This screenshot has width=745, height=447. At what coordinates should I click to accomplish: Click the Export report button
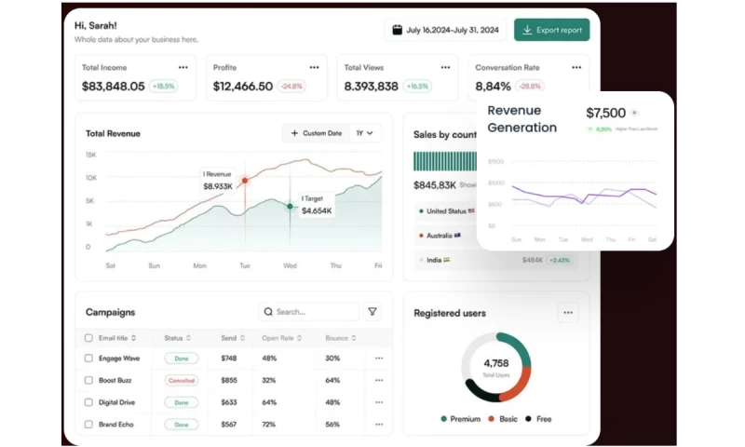coord(551,30)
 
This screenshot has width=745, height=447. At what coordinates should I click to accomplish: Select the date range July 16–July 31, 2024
coord(445,30)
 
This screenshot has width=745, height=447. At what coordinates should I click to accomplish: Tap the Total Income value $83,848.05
coord(114,87)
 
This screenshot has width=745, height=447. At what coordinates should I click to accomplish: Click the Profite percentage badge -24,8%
coord(292,87)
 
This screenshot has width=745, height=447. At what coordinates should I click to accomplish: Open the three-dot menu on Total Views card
coord(445,67)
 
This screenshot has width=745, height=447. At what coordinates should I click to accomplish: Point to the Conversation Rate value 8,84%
coord(493,87)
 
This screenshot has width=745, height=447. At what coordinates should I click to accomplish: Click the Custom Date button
coord(317,133)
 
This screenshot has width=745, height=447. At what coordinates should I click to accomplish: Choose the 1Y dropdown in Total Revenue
coord(365,133)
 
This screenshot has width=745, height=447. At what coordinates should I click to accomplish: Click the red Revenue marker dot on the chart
coord(245,181)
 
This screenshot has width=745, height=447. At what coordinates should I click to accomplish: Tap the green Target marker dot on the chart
coord(290,206)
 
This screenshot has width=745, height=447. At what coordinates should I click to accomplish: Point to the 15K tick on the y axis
coord(90,155)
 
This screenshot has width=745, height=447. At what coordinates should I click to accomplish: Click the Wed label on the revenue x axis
coord(290,265)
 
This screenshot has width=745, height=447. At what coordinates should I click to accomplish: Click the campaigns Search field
coord(308,312)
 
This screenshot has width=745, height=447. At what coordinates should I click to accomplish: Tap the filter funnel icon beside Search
coord(372,312)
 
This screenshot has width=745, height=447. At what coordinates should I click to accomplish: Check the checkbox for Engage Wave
coord(88,358)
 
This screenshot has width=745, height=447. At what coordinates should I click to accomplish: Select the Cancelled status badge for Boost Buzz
coord(182,380)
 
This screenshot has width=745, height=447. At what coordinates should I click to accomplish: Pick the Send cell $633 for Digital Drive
coord(229,402)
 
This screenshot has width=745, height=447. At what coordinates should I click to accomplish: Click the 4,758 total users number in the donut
coord(495,362)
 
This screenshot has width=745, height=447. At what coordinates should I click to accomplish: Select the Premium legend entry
coord(460,419)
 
